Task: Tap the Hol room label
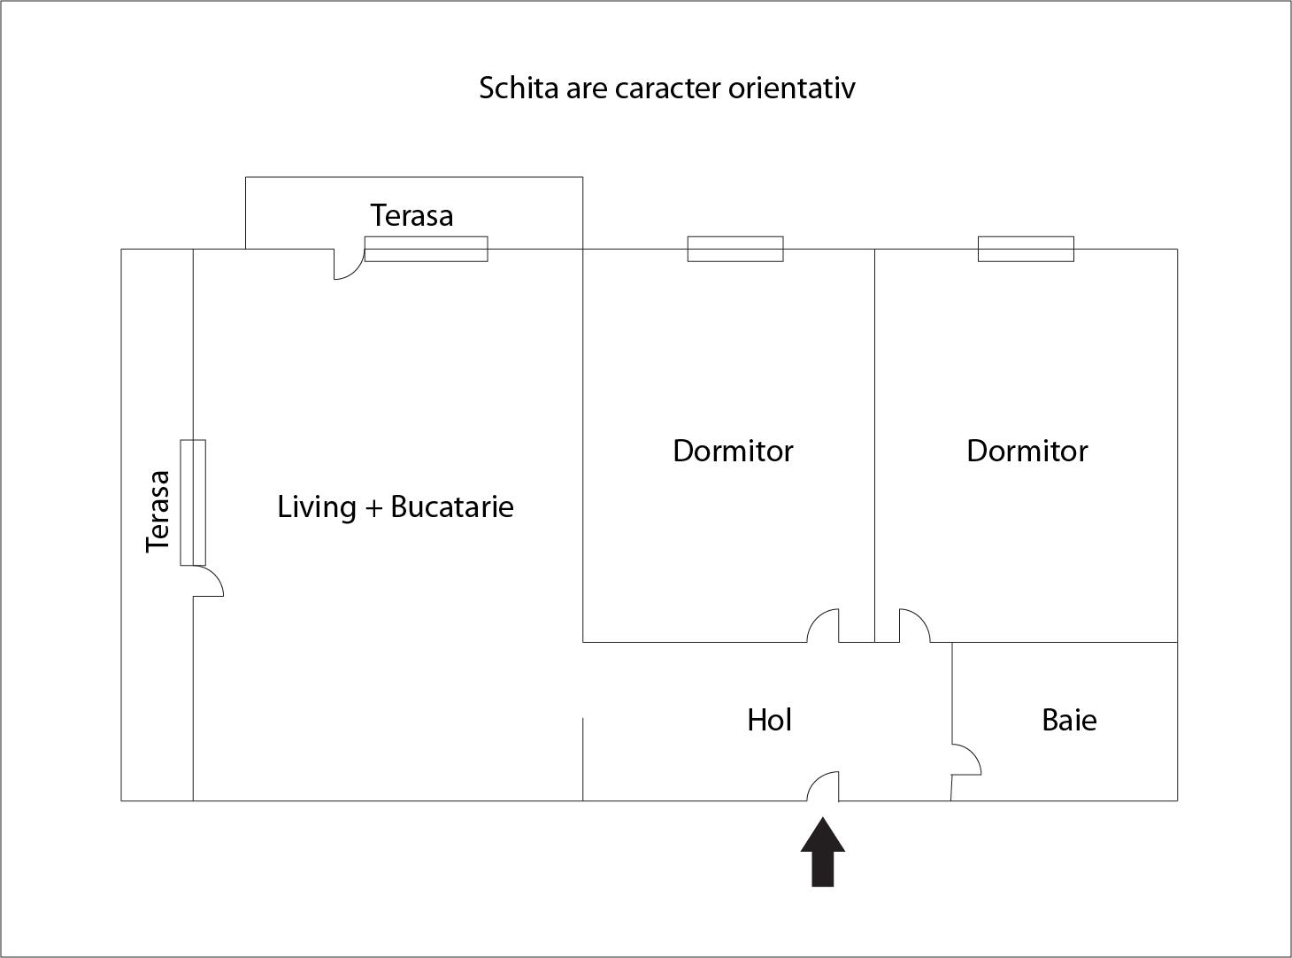[x=769, y=720]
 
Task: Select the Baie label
[x=1069, y=720]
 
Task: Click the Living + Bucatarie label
[x=396, y=506]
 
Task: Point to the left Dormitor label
[x=733, y=451]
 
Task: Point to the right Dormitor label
[x=1027, y=451]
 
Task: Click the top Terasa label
[x=411, y=215]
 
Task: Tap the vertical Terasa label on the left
[x=158, y=512]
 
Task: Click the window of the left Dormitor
[x=735, y=249]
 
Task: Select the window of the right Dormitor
[x=1026, y=249]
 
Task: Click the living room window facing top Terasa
[x=426, y=249]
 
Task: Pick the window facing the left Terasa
[x=193, y=502]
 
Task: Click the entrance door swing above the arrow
[x=824, y=786]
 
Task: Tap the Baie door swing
[x=965, y=760]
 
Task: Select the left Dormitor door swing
[x=824, y=626]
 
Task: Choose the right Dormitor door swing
[x=914, y=626]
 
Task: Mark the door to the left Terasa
[x=208, y=581]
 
